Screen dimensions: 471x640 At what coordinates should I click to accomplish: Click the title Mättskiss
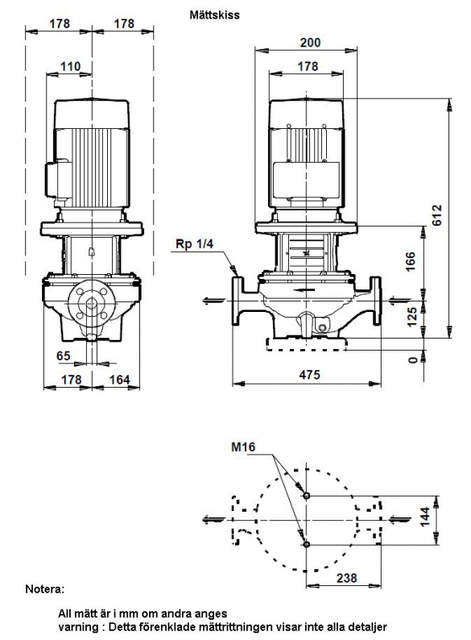pyautogui.click(x=214, y=15)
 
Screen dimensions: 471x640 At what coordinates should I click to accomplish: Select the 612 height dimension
pyautogui.click(x=436, y=215)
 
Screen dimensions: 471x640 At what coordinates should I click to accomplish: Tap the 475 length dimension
pyautogui.click(x=309, y=374)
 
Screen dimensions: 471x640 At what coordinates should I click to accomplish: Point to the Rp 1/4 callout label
pyautogui.click(x=195, y=244)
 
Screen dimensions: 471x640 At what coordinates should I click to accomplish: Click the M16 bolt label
pyautogui.click(x=243, y=447)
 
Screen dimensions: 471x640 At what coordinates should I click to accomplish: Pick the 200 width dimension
pyautogui.click(x=310, y=43)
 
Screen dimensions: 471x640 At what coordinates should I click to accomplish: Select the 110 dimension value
pyautogui.click(x=71, y=66)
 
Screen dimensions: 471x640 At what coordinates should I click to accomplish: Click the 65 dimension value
pyautogui.click(x=64, y=356)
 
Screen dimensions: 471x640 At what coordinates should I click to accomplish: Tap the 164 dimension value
pyautogui.click(x=119, y=380)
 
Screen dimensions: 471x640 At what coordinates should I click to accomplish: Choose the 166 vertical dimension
pyautogui.click(x=411, y=261)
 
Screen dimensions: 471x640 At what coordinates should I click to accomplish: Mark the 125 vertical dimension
pyautogui.click(x=412, y=317)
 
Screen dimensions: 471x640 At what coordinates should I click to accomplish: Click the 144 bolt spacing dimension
pyautogui.click(x=425, y=517)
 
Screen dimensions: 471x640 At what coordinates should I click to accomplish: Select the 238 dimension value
pyautogui.click(x=347, y=578)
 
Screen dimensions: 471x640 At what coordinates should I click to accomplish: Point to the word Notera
pyautogui.click(x=45, y=589)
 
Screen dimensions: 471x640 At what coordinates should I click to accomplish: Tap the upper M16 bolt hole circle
pyautogui.click(x=307, y=496)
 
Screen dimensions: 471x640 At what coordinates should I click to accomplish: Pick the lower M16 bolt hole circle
pyautogui.click(x=307, y=544)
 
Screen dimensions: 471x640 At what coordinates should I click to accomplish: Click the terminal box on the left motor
pyautogui.click(x=58, y=180)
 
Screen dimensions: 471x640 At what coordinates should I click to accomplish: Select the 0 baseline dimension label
pyautogui.click(x=413, y=359)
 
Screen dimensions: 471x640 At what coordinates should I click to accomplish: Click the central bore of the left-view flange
pyautogui.click(x=92, y=303)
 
